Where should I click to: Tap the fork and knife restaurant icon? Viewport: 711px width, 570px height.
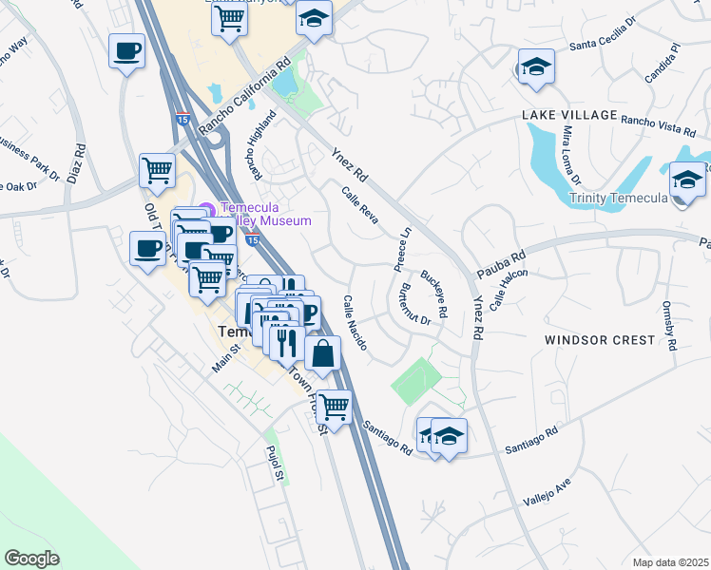click(x=287, y=342)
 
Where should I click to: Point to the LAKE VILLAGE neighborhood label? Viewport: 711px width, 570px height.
click(x=568, y=115)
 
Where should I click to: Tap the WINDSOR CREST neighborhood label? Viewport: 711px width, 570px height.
click(x=600, y=339)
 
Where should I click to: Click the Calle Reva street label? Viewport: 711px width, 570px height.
click(x=360, y=205)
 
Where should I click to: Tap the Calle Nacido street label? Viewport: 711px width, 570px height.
click(x=355, y=322)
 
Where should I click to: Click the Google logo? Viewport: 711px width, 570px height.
click(x=31, y=559)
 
